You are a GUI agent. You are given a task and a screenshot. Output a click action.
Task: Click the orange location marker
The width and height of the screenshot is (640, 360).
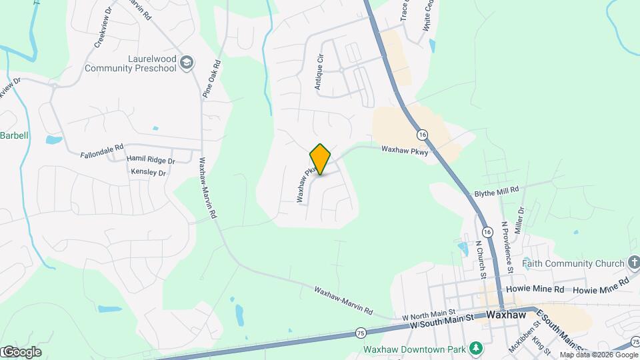coord(320,159)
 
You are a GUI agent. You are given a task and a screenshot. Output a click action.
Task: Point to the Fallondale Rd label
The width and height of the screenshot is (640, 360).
coord(102,147)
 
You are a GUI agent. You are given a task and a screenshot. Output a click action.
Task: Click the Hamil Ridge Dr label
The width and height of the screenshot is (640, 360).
coord(151,160)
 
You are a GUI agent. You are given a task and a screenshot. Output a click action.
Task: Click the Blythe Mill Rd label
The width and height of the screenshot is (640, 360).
coord(496,190)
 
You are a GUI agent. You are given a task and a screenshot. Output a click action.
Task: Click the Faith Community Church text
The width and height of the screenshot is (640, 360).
coord(573,263)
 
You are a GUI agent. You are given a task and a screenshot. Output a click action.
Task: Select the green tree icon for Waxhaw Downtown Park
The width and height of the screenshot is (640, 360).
coord(475,348)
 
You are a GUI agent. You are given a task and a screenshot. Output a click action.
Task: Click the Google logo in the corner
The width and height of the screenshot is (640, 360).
coord(21,352)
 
